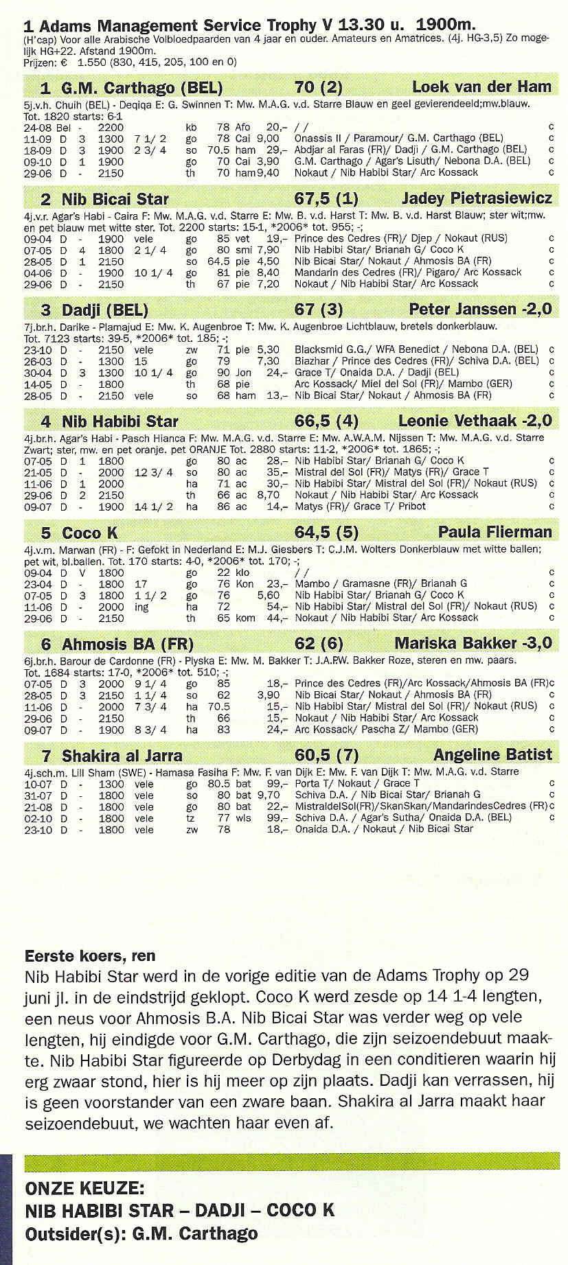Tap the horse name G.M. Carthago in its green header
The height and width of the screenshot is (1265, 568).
click(x=141, y=88)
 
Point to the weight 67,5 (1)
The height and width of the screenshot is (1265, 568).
click(x=326, y=199)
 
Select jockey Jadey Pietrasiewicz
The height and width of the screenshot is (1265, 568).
click(x=476, y=198)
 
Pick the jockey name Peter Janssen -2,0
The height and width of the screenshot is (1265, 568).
click(x=480, y=309)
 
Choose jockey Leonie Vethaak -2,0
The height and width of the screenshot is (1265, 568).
click(x=475, y=421)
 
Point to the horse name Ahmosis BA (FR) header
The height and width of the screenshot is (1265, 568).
click(x=128, y=645)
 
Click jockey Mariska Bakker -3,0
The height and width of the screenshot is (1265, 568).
click(x=473, y=643)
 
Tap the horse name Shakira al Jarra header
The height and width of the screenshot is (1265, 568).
click(x=122, y=756)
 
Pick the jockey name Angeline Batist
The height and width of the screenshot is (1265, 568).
click(x=492, y=755)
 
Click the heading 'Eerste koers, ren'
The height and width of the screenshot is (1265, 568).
click(x=90, y=955)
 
